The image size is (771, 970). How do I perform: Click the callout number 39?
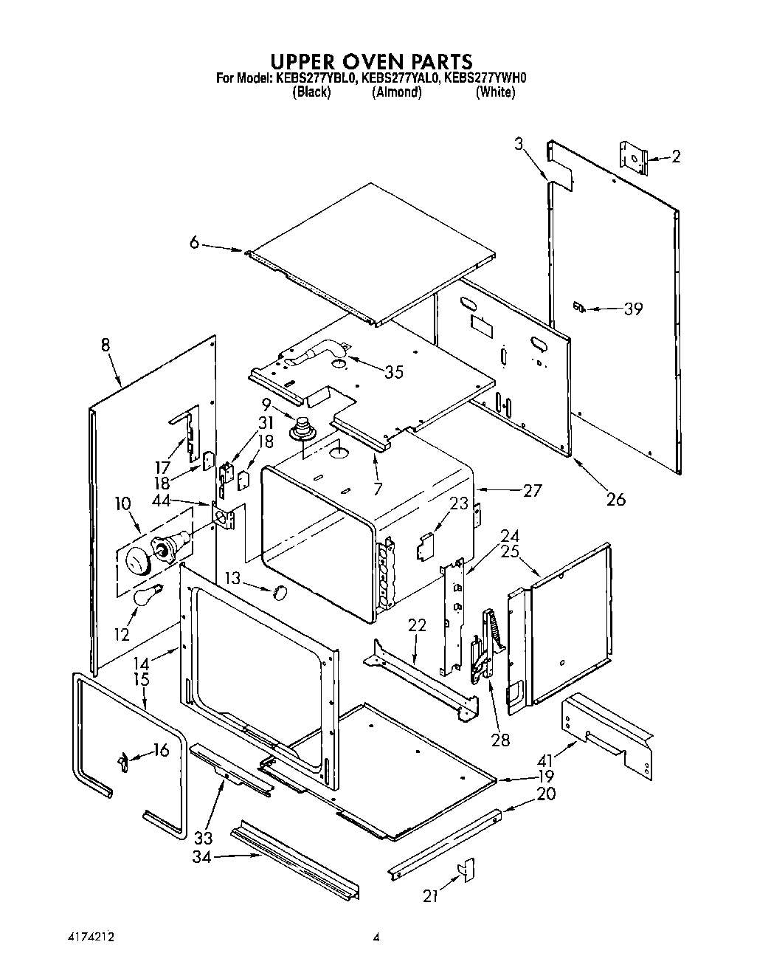point(633,309)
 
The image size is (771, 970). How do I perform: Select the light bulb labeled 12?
point(145,595)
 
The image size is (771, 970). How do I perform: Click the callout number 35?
point(394,372)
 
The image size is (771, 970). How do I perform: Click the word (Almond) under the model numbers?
point(396,92)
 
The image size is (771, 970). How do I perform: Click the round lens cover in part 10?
point(136,565)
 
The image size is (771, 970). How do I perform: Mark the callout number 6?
point(194,241)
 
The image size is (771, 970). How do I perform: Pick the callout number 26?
point(615,500)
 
